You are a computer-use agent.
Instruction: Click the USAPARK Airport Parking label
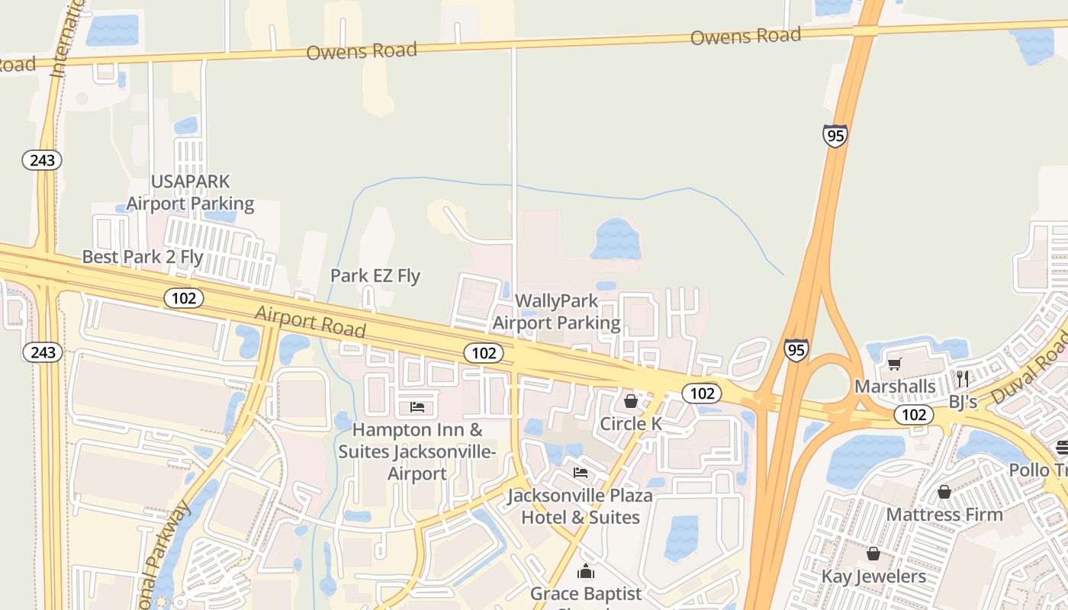click(190, 192)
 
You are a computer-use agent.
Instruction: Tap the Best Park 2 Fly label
click(143, 257)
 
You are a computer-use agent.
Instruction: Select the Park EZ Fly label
click(375, 275)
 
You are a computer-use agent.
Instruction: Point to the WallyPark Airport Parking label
click(556, 312)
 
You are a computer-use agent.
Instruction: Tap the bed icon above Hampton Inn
click(417, 407)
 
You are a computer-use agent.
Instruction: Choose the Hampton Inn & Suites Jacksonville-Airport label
click(417, 451)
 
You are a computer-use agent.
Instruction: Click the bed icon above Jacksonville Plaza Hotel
click(581, 473)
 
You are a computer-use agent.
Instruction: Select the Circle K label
click(631, 424)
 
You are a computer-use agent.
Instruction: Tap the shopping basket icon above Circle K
click(631, 401)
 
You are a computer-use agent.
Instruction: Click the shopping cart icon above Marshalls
click(895, 364)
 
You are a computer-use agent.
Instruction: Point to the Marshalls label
click(895, 387)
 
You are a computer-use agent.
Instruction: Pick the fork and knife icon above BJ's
click(963, 379)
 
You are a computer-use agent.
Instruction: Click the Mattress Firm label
click(944, 515)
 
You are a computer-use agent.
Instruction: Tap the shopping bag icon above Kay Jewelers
click(873, 554)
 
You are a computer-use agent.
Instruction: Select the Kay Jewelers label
click(873, 576)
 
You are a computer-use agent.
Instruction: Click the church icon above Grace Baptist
click(586, 571)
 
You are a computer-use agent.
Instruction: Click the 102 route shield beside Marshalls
click(914, 415)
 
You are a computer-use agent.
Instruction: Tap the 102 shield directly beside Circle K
click(701, 393)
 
